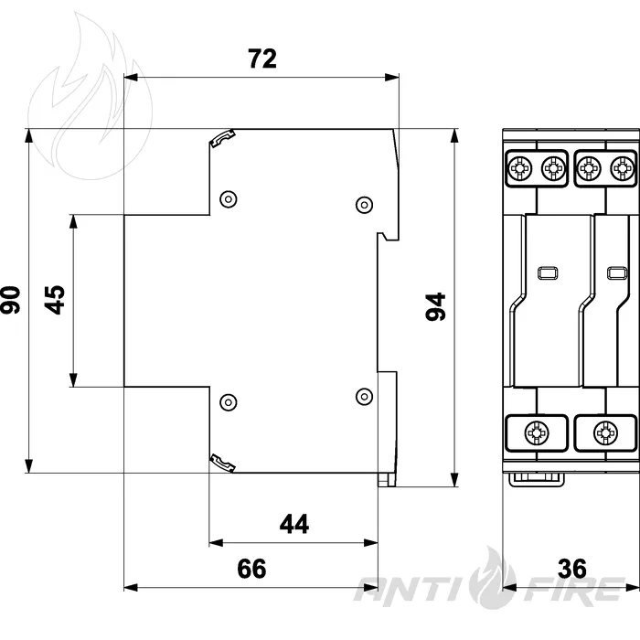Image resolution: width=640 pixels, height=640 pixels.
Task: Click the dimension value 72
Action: tap(262, 59)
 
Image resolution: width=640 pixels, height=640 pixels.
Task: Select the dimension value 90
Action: tap(10, 300)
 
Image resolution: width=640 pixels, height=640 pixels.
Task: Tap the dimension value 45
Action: tap(55, 300)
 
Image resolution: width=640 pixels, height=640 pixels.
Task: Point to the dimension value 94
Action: tap(435, 306)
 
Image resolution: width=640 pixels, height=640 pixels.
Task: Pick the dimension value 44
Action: tap(294, 524)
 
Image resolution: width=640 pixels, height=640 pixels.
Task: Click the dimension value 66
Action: tap(251, 568)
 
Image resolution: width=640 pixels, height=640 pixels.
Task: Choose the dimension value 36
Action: tap(572, 568)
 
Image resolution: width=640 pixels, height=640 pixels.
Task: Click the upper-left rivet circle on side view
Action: tap(229, 199)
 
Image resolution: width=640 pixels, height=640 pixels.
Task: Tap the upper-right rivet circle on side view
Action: tap(364, 205)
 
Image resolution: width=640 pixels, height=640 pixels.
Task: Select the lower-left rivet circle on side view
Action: tap(229, 402)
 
